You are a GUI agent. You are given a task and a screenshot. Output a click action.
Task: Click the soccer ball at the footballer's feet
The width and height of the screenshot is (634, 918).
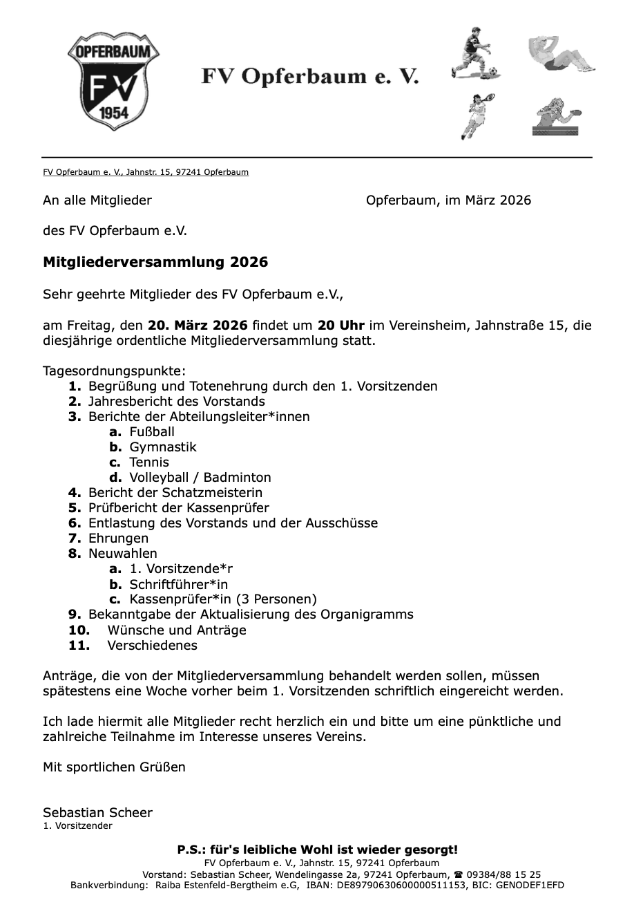(493, 71)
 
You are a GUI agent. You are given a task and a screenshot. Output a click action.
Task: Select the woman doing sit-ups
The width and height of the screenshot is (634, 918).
(561, 54)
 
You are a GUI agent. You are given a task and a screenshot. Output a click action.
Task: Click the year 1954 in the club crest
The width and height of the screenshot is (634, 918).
(114, 113)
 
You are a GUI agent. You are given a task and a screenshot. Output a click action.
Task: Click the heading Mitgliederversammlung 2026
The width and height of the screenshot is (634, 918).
(155, 263)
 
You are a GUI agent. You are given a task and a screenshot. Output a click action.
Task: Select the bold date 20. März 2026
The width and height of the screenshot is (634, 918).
(198, 325)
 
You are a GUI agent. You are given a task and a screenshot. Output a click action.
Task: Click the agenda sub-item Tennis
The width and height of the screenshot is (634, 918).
(149, 462)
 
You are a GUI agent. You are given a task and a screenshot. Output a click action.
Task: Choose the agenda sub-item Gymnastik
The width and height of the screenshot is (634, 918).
(163, 447)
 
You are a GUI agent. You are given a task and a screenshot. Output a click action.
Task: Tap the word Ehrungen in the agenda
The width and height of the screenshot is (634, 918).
(118, 538)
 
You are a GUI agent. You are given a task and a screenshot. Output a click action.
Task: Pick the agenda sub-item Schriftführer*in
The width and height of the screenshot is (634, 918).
(179, 584)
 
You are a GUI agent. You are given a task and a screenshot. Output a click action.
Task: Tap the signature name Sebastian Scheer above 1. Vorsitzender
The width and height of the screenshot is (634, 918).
(97, 813)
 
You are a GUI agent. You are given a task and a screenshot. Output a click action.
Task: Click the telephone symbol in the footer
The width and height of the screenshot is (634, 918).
(459, 874)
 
